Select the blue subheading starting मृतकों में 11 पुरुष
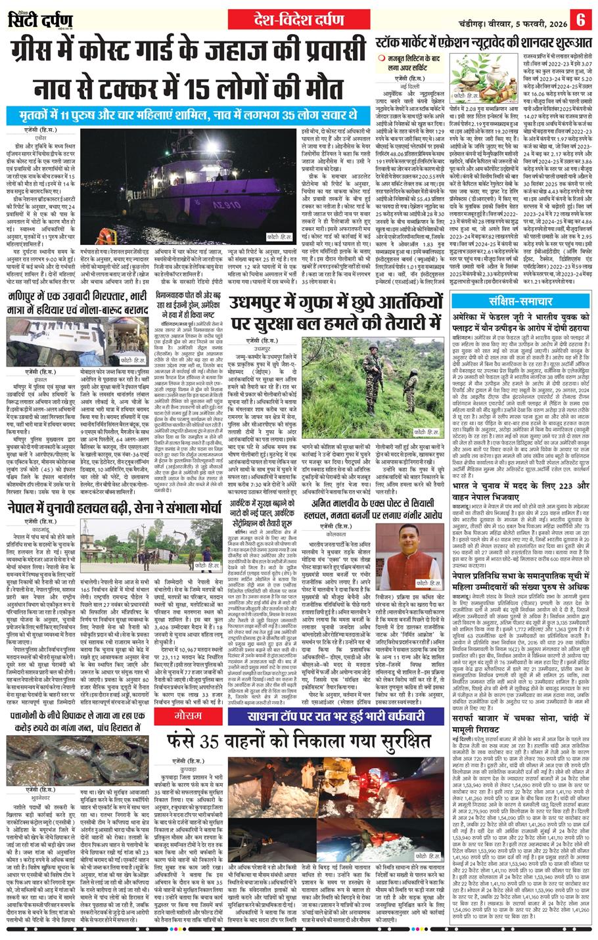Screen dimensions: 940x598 point(188,115)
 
